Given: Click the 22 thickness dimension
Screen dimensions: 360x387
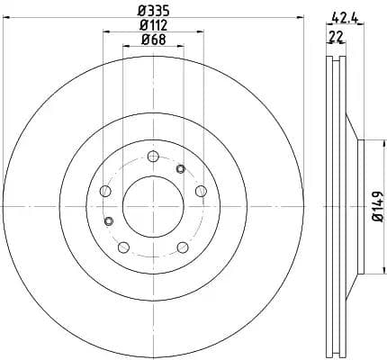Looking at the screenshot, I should [x=337, y=36].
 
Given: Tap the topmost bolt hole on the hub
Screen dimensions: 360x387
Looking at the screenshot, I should [x=153, y=155].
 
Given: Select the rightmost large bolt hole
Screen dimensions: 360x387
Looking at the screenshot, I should [x=200, y=189].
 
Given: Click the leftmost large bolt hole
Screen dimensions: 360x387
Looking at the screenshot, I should [x=104, y=191].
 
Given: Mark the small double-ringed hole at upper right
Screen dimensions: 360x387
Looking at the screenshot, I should [x=180, y=168].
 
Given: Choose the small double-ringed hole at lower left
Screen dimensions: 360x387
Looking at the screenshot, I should [x=109, y=221].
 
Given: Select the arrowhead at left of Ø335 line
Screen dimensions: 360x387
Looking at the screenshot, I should [x=7, y=20].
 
